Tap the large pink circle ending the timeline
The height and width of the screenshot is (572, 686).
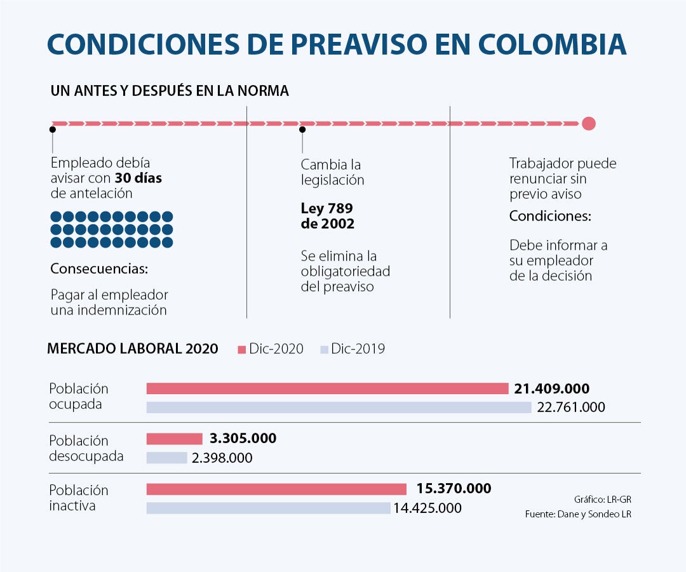click(x=588, y=123)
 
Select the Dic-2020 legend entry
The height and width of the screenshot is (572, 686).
click(x=271, y=349)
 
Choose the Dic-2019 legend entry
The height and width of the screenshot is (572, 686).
click(x=353, y=349)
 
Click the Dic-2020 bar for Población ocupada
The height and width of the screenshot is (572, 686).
click(x=327, y=388)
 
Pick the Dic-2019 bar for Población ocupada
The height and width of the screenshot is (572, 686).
click(x=339, y=407)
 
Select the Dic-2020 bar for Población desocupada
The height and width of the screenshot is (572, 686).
click(x=174, y=439)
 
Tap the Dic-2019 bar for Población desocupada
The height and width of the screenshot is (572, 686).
click(x=166, y=458)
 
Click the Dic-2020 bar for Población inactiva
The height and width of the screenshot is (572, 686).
click(x=276, y=489)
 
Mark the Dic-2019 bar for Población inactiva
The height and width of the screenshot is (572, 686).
click(x=268, y=508)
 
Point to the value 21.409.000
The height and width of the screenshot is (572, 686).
click(x=552, y=388)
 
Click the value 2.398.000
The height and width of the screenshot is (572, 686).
click(x=223, y=458)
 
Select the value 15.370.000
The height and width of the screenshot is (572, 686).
click(x=454, y=489)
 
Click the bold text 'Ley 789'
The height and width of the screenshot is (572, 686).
click(x=326, y=208)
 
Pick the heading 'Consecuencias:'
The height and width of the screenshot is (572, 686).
click(x=99, y=269)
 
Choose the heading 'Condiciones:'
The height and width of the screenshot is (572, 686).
click(x=550, y=216)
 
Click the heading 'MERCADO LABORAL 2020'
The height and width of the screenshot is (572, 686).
click(x=133, y=348)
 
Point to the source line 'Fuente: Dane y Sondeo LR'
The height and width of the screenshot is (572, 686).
click(x=578, y=514)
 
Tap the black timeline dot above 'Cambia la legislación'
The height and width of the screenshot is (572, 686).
click(x=302, y=130)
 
